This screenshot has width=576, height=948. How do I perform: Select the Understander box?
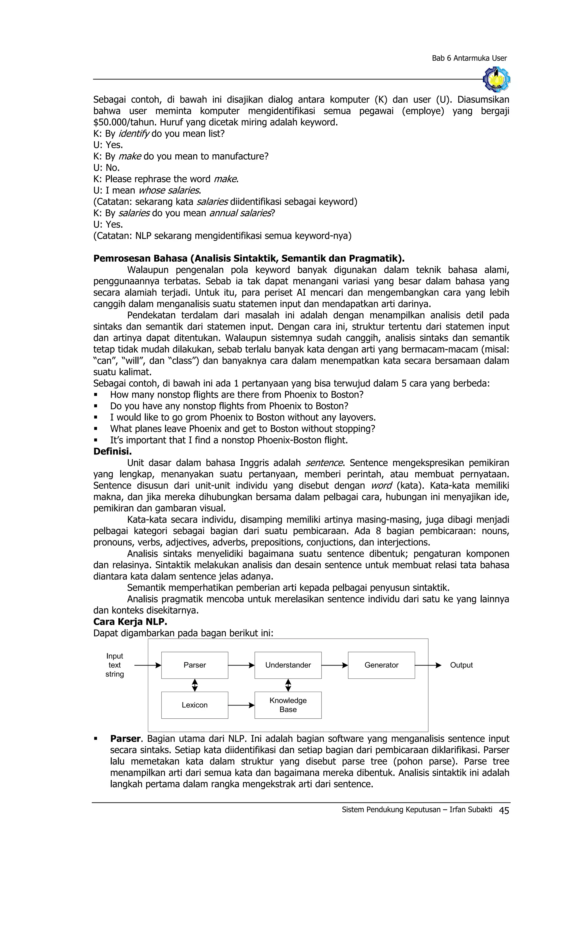point(288,665)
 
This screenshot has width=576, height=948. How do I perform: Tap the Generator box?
point(381,665)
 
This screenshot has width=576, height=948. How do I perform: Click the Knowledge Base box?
point(288,705)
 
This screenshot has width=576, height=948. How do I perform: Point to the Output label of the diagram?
point(461,665)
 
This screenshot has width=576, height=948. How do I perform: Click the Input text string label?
point(114,665)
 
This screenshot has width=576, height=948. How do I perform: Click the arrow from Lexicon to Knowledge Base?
point(241,705)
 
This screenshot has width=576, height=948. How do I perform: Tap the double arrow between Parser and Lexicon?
point(195,685)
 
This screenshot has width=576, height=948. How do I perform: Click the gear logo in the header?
point(496,79)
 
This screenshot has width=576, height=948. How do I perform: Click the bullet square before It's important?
point(96,440)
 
